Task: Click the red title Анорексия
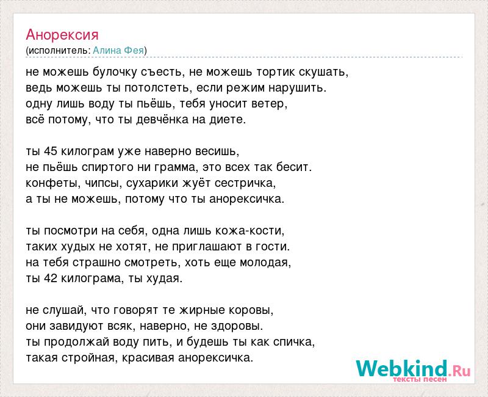tap(62, 35)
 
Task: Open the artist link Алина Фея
tap(118, 51)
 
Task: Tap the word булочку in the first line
tap(115, 73)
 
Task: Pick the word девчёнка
tap(162, 120)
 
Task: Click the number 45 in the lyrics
tap(51, 151)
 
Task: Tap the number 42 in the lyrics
tap(51, 279)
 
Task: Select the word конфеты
tap(50, 184)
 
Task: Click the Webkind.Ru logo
tap(413, 370)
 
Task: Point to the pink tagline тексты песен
tap(420, 379)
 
